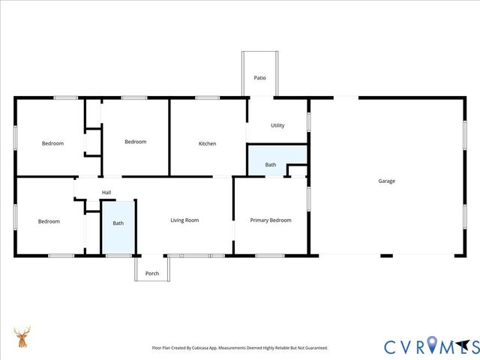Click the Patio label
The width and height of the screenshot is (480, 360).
pos(259,77)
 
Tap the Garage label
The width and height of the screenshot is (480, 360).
pos(386,181)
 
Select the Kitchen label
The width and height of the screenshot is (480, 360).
pos(207,143)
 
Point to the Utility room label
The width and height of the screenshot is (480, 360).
pos(277,125)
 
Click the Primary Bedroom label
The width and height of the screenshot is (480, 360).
pos(271,220)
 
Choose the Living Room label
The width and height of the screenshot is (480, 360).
pos(184,220)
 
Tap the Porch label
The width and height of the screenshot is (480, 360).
pos(152,272)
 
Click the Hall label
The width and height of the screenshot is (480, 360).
pos(106,193)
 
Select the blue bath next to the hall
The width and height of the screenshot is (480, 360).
pos(118,226)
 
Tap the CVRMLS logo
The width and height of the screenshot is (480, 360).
pos(430,346)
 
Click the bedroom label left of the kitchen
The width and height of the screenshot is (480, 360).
pos(135,142)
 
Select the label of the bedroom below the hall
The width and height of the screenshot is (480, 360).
pos(49,221)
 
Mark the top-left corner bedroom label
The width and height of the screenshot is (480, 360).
pos(52,143)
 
